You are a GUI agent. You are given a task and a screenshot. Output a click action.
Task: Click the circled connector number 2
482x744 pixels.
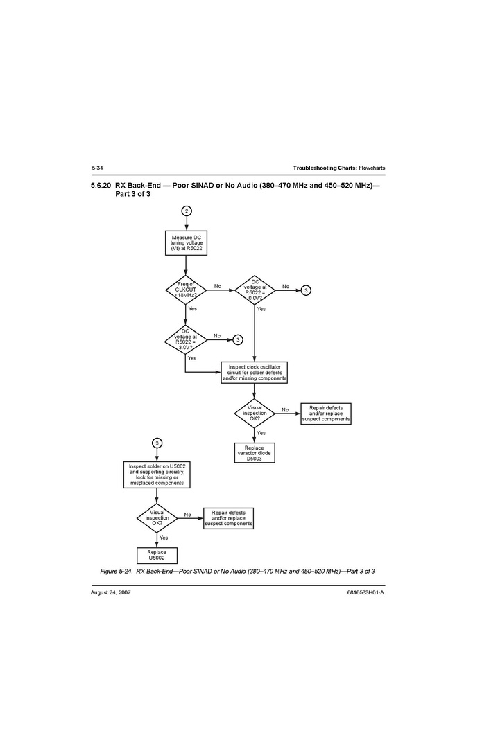(x=187, y=210)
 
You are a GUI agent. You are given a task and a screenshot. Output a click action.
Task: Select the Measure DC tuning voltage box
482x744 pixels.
(x=187, y=242)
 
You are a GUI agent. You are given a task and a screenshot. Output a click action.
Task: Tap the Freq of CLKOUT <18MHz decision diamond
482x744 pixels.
(x=187, y=290)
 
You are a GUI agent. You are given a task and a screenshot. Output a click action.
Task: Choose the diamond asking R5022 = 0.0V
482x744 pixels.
(x=255, y=290)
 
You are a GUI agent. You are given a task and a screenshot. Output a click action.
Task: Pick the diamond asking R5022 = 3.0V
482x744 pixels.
(x=187, y=339)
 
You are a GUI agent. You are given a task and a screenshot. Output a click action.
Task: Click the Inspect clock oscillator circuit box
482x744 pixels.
(x=255, y=373)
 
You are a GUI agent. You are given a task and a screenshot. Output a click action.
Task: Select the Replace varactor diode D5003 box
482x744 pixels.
(x=255, y=453)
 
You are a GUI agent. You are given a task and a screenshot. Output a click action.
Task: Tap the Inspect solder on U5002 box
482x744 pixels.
(x=157, y=475)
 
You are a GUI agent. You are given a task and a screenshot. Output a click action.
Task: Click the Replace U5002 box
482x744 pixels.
(x=157, y=556)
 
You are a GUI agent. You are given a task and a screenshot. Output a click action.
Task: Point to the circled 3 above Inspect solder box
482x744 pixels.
(x=157, y=443)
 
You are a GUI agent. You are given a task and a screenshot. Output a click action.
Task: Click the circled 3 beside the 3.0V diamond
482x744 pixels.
(x=238, y=339)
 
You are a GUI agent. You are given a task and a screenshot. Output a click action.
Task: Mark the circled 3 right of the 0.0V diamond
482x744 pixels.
(x=306, y=290)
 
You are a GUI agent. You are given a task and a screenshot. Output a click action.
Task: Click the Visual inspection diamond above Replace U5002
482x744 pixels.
(x=157, y=517)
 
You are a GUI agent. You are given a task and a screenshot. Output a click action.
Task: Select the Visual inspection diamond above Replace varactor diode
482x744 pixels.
(x=255, y=413)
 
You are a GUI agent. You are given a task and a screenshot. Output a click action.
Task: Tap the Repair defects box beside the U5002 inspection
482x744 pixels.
(x=229, y=519)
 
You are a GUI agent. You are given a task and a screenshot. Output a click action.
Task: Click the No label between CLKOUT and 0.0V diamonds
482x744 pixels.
(x=218, y=286)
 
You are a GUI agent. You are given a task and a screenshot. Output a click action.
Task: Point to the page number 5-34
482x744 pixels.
(x=97, y=168)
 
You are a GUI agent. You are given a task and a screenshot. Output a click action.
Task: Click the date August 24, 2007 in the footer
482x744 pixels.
(x=111, y=593)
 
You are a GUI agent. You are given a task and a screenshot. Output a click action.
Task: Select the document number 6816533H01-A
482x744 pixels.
(x=365, y=593)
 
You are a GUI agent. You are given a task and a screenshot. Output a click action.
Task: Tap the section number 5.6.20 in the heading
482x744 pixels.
(x=101, y=186)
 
